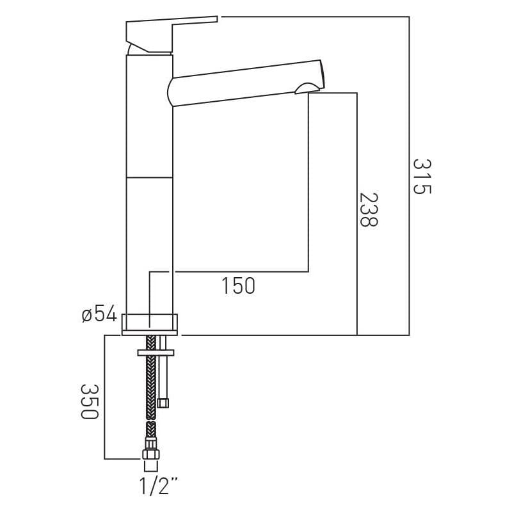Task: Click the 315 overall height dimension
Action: (422, 177)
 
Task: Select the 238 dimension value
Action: (369, 209)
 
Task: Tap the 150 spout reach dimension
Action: (238, 285)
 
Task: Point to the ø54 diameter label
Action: (99, 314)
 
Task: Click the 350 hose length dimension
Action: (89, 402)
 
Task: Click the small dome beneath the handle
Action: (136, 49)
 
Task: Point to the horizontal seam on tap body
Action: (149, 177)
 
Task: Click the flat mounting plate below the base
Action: (156, 352)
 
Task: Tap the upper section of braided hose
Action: (150, 384)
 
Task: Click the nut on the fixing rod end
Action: (163, 403)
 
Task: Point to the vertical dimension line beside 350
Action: (104, 397)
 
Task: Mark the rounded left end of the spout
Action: (170, 91)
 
